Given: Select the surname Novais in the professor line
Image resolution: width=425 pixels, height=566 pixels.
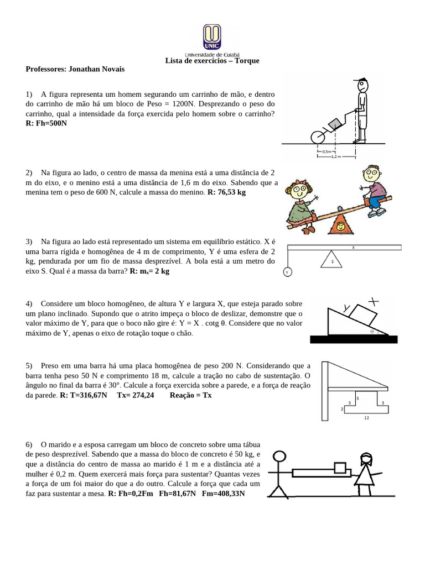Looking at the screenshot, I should [110, 69].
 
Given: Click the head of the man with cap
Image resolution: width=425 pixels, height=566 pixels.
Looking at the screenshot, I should [362, 86].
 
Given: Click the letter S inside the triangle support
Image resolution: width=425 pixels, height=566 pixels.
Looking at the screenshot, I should [332, 260].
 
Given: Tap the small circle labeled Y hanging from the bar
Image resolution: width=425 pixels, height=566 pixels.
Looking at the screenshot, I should [287, 272].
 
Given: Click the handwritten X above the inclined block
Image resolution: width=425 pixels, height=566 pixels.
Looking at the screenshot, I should [374, 301].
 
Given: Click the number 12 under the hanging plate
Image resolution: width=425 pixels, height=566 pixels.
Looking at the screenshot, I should [366, 418].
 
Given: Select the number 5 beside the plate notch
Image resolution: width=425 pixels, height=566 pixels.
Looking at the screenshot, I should [357, 397].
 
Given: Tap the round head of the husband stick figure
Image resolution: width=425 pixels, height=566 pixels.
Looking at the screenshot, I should [281, 457].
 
